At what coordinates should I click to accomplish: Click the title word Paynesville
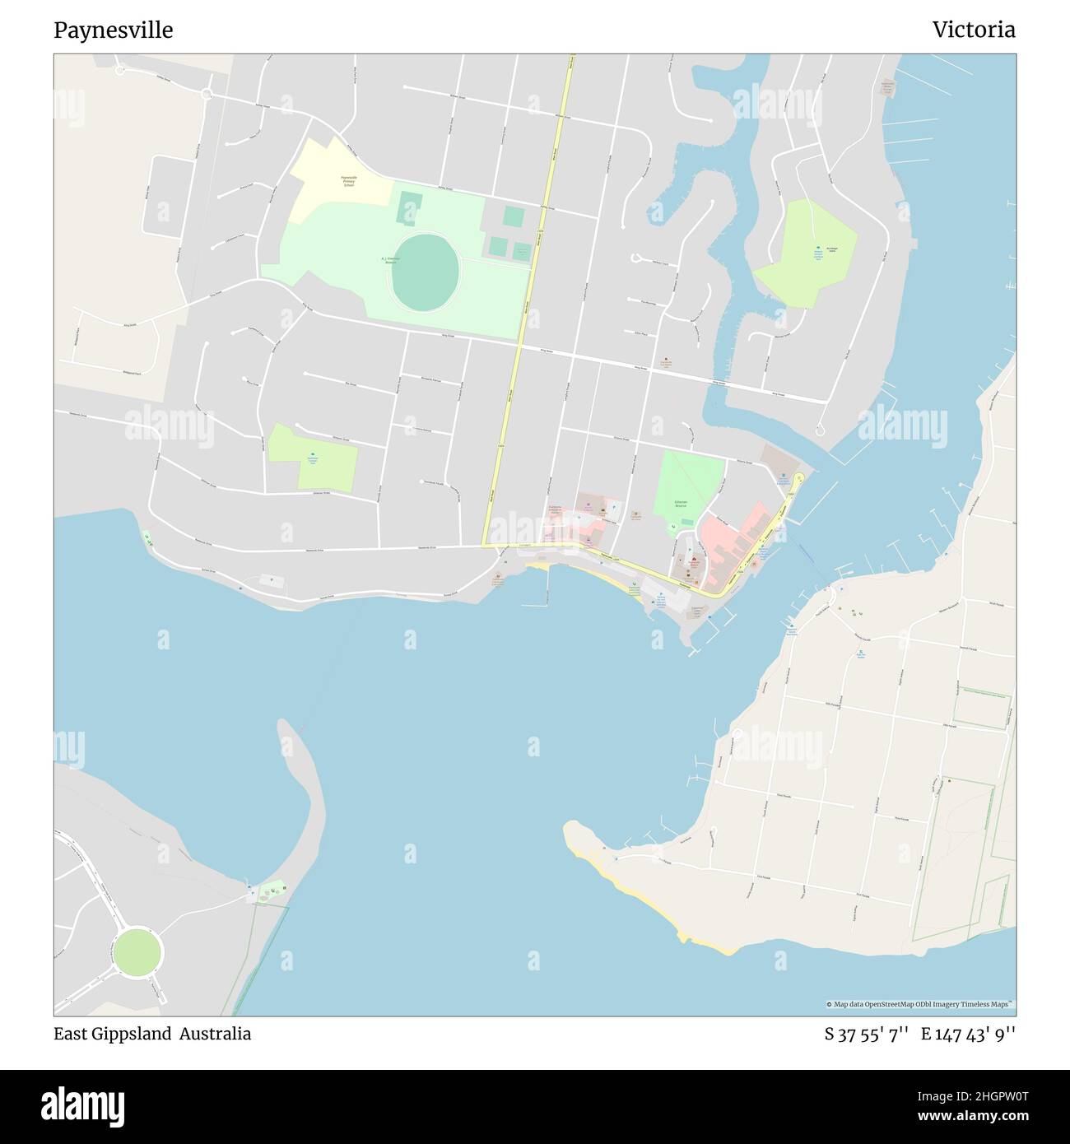tap(114, 30)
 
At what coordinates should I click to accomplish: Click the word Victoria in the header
tap(974, 30)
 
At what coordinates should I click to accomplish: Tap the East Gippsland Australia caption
tap(152, 1034)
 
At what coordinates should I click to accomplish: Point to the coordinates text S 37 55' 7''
tap(867, 1034)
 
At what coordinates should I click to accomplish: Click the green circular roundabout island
tap(137, 952)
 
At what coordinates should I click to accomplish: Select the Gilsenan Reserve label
tap(681, 502)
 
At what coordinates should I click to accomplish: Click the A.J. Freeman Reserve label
tap(390, 259)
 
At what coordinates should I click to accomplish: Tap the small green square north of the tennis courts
tap(514, 217)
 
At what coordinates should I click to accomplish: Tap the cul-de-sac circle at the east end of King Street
tap(820, 430)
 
